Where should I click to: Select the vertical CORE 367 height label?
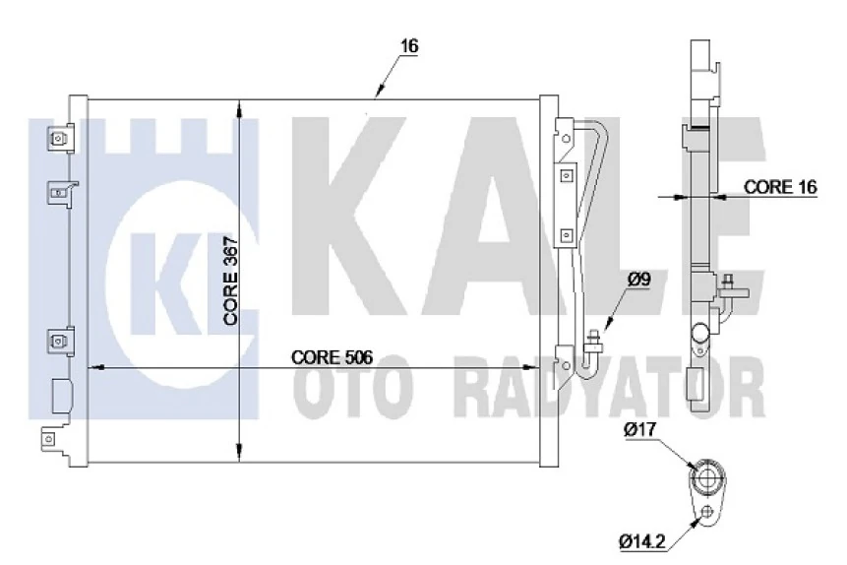coord(230,285)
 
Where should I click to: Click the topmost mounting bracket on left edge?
coord(60,139)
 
